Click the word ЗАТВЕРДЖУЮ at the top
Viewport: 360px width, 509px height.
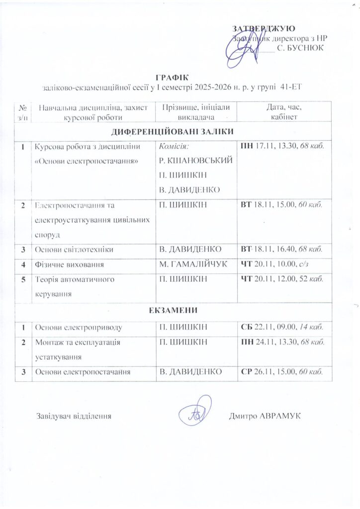point(265,28)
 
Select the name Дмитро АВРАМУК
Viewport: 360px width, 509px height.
point(265,416)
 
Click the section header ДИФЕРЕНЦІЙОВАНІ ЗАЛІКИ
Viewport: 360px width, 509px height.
point(172,132)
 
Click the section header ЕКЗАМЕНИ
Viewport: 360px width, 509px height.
point(173,311)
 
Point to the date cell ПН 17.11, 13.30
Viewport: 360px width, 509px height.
point(281,147)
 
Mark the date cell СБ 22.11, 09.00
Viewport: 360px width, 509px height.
point(281,327)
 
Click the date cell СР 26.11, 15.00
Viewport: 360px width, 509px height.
point(282,371)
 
